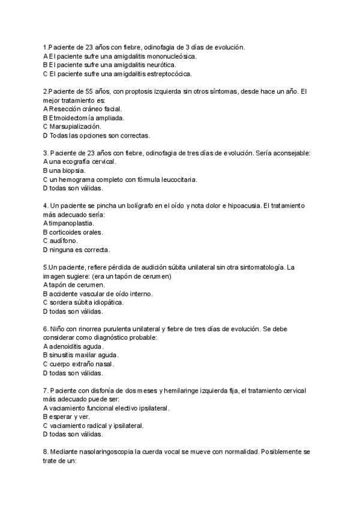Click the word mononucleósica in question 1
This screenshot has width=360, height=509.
[169, 56]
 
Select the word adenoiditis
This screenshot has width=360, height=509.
[68, 346]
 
